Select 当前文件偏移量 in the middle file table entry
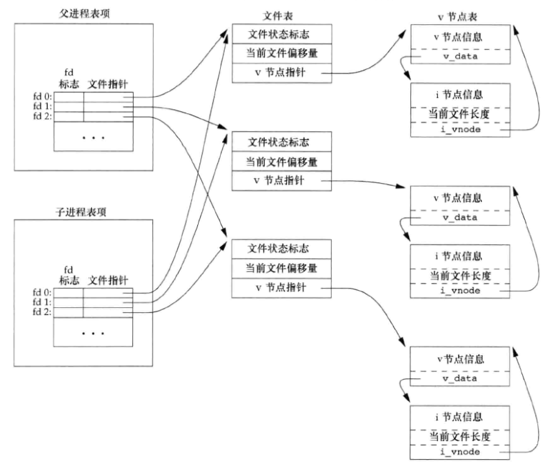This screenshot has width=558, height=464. [281, 162]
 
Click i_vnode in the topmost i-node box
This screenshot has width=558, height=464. [459, 129]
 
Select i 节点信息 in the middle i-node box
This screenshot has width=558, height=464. [459, 256]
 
